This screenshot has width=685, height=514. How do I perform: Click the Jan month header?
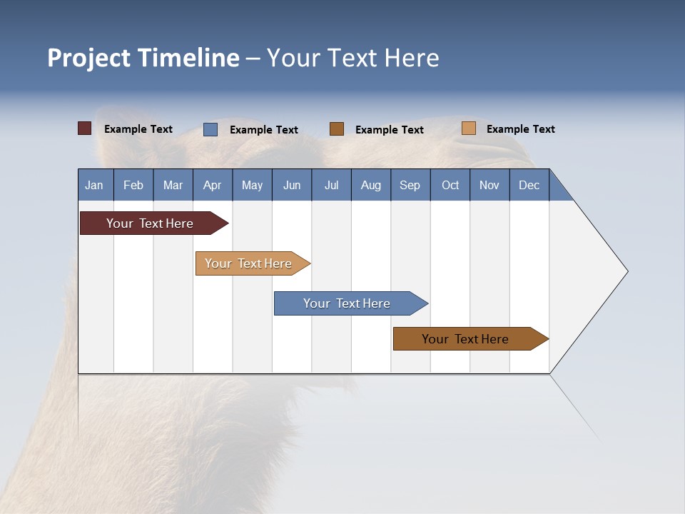pos(94,185)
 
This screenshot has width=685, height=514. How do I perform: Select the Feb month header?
pos(133,185)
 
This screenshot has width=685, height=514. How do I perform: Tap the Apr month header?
pos(212,185)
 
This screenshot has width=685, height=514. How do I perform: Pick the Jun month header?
pos(292,185)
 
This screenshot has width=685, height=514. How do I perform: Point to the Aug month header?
pos(370,185)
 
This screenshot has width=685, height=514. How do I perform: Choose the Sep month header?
pos(410,185)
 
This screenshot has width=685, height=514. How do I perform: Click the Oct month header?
pos(450,185)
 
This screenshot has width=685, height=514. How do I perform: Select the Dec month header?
pos(529,185)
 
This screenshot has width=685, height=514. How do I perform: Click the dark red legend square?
pos(84,128)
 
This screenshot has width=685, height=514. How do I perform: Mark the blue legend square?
pos(210,129)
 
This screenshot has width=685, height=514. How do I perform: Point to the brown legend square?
pos(337,129)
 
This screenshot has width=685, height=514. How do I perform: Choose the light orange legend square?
pos(469,128)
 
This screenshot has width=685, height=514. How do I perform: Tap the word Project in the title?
pos(89,58)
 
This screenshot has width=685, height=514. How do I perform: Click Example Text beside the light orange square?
pos(520,129)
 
